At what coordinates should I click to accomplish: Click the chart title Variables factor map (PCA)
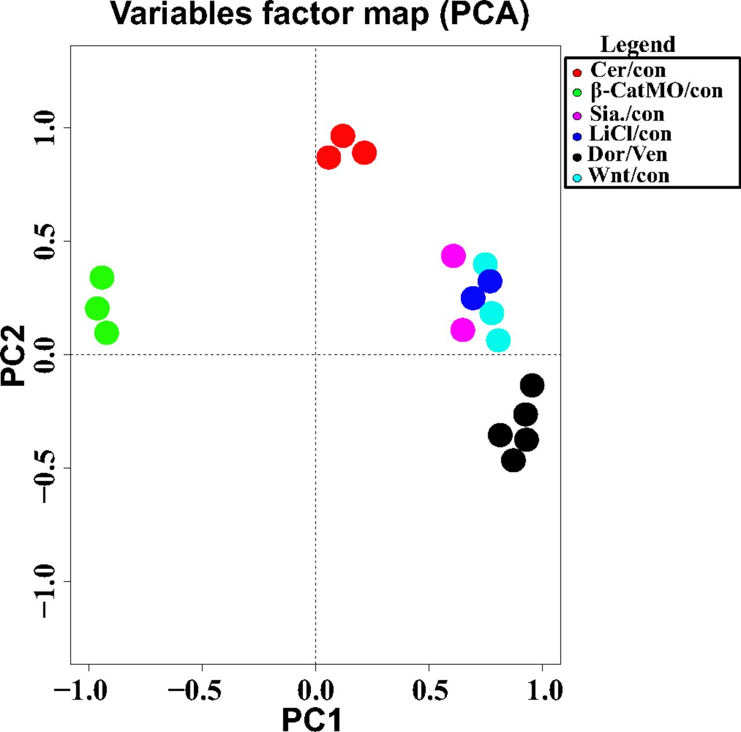[x=320, y=14]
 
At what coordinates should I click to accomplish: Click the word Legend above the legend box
[x=637, y=45]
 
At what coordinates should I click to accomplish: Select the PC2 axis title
[x=14, y=355]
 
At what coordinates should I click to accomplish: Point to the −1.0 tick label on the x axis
[x=80, y=690]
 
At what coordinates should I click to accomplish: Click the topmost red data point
[x=343, y=137]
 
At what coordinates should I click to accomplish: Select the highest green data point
[x=102, y=278]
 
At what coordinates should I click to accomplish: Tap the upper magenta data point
[x=453, y=255]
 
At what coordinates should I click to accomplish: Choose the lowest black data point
[x=513, y=460]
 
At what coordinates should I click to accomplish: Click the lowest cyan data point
[x=498, y=340]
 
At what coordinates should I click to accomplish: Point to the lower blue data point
[x=473, y=298]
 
